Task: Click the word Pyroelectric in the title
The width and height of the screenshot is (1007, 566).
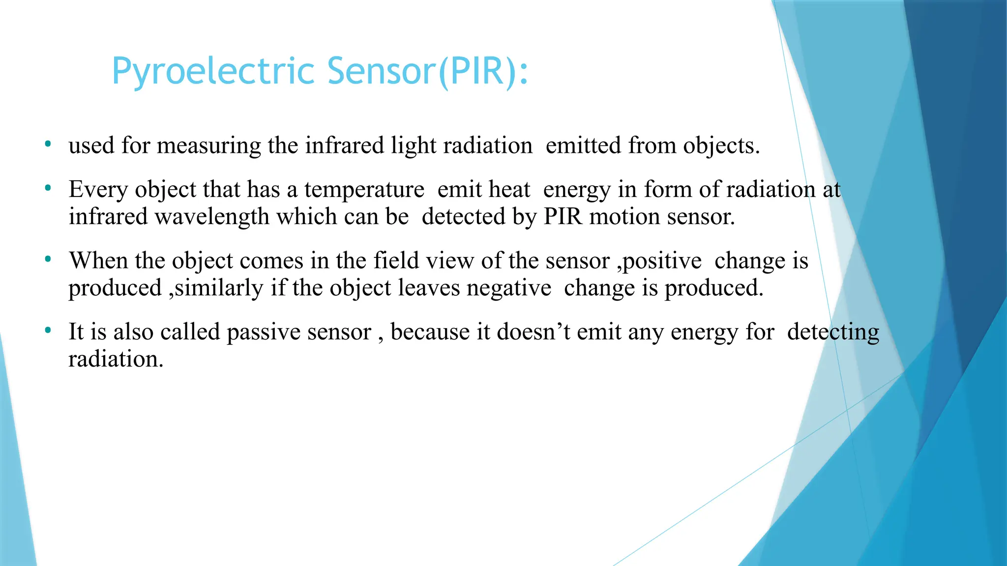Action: point(212,72)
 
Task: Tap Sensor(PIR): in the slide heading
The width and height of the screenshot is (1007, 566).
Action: point(428,72)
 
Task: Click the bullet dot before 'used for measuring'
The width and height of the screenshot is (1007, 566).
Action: point(48,144)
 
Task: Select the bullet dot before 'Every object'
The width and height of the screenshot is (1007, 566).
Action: point(48,188)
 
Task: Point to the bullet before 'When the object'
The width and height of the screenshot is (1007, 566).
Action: point(48,259)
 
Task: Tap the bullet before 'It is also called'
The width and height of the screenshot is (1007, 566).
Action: point(48,331)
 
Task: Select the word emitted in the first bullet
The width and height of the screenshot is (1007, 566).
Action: point(583,145)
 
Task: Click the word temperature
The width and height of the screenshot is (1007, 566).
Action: point(364,190)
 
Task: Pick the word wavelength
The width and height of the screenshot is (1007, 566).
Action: point(212,217)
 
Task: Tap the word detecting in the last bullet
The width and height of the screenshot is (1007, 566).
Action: point(832,333)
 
